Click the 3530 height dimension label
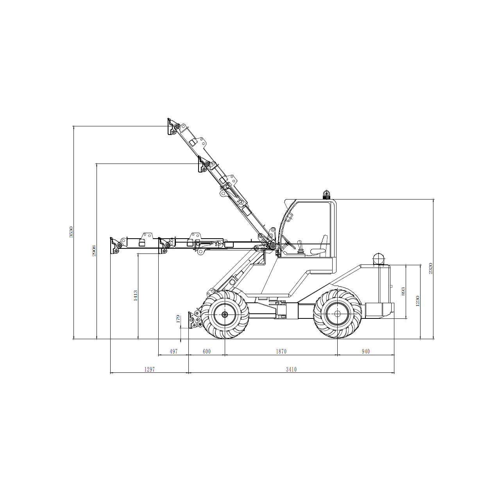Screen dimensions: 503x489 [71, 232]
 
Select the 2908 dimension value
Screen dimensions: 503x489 [94, 251]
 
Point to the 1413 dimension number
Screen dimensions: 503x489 [135, 296]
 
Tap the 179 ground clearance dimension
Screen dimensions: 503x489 [178, 319]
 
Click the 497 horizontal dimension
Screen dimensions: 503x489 [174, 351]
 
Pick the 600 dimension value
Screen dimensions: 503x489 [206, 351]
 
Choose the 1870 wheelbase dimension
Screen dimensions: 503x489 [281, 351]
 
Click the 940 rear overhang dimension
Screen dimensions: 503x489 [366, 351]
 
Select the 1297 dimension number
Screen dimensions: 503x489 [149, 369]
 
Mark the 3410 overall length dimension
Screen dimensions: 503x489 [291, 369]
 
